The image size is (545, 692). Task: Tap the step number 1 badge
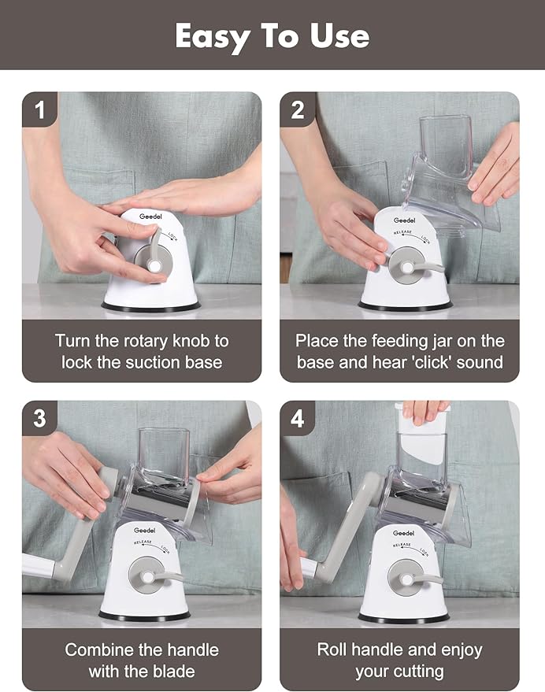(39, 109)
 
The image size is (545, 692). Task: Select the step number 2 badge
(297, 109)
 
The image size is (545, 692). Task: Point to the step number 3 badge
(39, 418)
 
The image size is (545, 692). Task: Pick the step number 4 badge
(297, 418)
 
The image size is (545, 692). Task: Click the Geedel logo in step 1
(150, 216)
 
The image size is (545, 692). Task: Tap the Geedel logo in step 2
(404, 220)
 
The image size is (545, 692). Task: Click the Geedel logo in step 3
(144, 530)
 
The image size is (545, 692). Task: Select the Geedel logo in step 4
(404, 533)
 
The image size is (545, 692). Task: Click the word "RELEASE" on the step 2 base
(402, 232)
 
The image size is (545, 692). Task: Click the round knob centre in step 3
(148, 577)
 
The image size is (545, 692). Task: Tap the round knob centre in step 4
(406, 579)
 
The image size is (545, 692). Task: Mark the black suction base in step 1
(151, 307)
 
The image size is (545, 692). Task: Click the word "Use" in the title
(339, 36)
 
